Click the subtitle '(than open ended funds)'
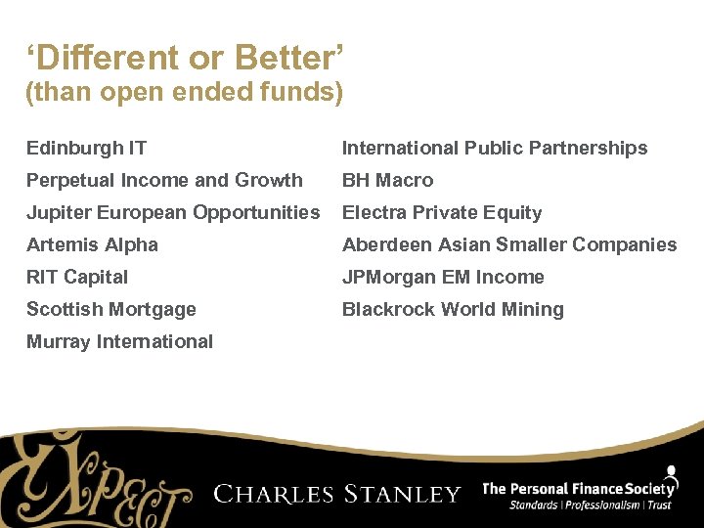[184, 93]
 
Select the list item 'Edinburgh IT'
[86, 148]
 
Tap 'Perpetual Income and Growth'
[164, 180]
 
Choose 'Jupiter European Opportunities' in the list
[173, 212]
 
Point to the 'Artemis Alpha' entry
[92, 244]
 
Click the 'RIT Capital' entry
[77, 277]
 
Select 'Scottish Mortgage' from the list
[110, 309]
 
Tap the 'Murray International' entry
[119, 341]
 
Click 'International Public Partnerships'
[495, 148]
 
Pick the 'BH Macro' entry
[387, 180]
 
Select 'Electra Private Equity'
[441, 212]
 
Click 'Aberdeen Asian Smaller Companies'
[509, 244]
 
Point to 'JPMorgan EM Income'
[443, 277]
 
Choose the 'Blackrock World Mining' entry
[453, 309]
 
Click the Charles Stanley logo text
[337, 493]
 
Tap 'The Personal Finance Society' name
[579, 488]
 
